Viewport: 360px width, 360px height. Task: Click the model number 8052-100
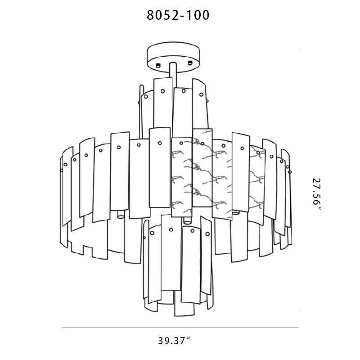pyautogui.click(x=178, y=15)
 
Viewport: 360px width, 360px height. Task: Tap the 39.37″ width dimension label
pyautogui.click(x=175, y=341)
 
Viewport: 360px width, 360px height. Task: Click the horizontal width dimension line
pyautogui.click(x=180, y=328)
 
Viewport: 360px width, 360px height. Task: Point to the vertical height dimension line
pyautogui.click(x=299, y=180)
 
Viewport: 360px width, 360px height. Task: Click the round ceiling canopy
pyautogui.click(x=173, y=57)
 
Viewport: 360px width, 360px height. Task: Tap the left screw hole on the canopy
pyautogui.click(x=158, y=65)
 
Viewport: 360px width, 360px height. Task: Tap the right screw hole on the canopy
pyautogui.click(x=190, y=63)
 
